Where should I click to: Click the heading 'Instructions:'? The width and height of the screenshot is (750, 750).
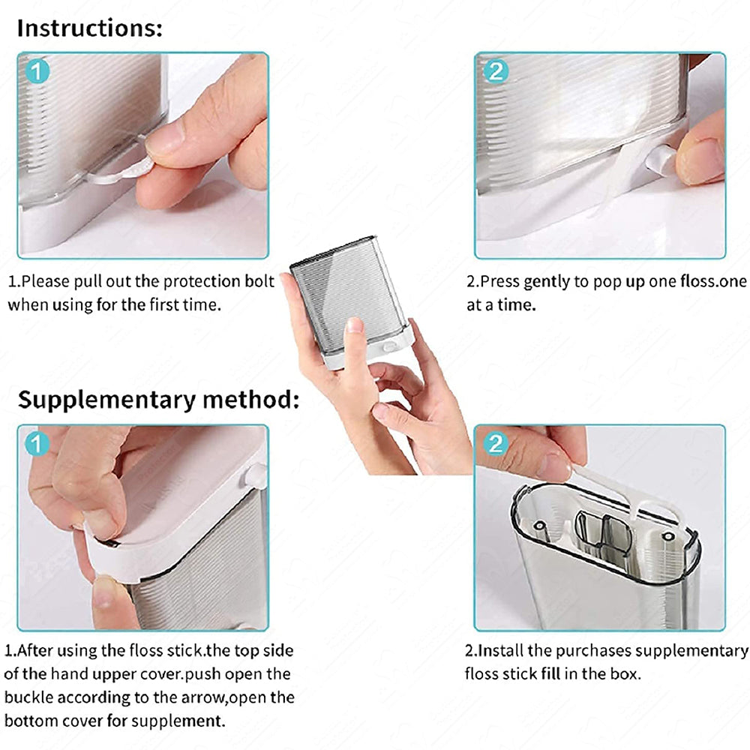click(x=90, y=28)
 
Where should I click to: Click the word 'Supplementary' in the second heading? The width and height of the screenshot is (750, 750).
click(x=106, y=400)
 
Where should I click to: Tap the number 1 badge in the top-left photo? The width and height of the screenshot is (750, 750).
click(x=37, y=72)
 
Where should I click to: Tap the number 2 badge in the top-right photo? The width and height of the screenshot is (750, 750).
click(x=496, y=71)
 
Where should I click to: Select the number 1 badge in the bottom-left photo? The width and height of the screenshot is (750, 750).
click(x=37, y=444)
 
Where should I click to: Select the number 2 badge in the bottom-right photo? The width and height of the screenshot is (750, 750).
click(x=496, y=443)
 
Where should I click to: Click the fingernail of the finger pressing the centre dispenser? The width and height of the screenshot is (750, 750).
click(x=354, y=325)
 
